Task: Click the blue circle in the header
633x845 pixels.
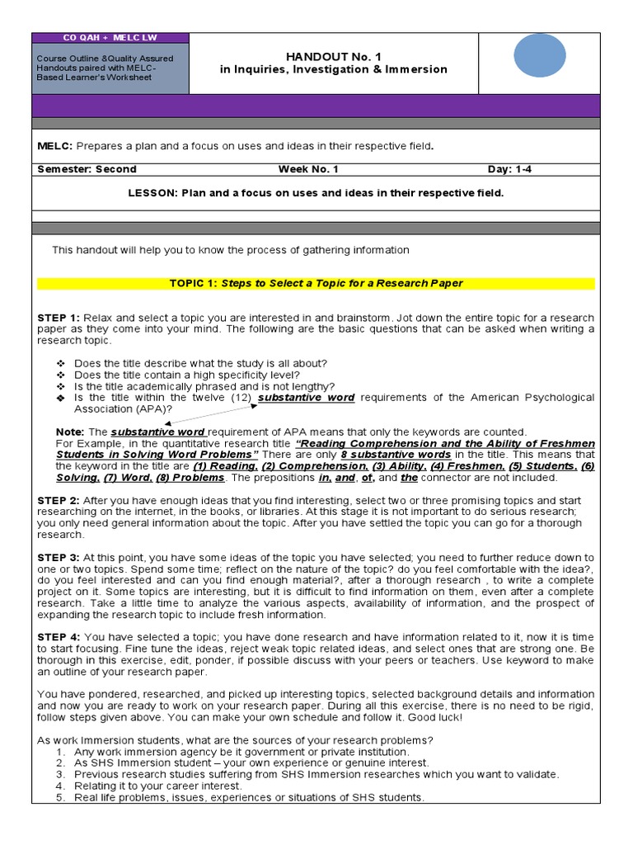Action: pos(539,54)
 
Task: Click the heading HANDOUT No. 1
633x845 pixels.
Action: pos(333,56)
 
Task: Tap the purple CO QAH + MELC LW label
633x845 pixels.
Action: pos(110,38)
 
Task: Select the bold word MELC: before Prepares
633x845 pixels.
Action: pos(55,146)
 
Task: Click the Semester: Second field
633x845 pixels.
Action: pos(75,169)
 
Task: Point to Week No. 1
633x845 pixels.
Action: pos(308,169)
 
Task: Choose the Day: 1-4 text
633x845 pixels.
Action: pos(514,169)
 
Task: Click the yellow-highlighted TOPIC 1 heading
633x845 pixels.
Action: pos(316,283)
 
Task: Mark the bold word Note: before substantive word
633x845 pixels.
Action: pos(70,432)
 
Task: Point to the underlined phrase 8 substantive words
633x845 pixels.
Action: pos(396,455)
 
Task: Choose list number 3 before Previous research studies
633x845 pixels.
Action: pos(60,775)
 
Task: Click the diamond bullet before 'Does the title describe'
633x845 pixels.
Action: pos(60,364)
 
